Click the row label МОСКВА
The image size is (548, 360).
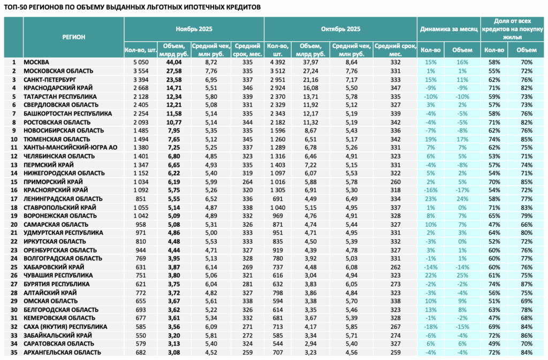[36, 63]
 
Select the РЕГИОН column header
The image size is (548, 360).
[74, 37]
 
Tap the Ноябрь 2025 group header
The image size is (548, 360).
[194, 29]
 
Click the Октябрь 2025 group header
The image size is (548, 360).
[341, 29]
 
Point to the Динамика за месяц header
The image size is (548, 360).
[449, 29]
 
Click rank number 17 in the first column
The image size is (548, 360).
[14, 199]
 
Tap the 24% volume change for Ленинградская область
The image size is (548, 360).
[462, 199]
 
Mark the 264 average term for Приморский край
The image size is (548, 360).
[247, 182]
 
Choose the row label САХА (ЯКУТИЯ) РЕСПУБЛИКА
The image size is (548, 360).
[65, 327]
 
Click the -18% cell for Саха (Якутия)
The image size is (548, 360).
[431, 327]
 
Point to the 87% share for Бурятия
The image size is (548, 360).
[527, 284]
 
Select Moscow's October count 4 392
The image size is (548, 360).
[278, 63]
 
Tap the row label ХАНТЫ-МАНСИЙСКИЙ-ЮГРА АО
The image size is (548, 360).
[71, 148]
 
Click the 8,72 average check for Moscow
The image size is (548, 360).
[211, 63]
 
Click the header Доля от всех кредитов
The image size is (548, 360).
[512, 25]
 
